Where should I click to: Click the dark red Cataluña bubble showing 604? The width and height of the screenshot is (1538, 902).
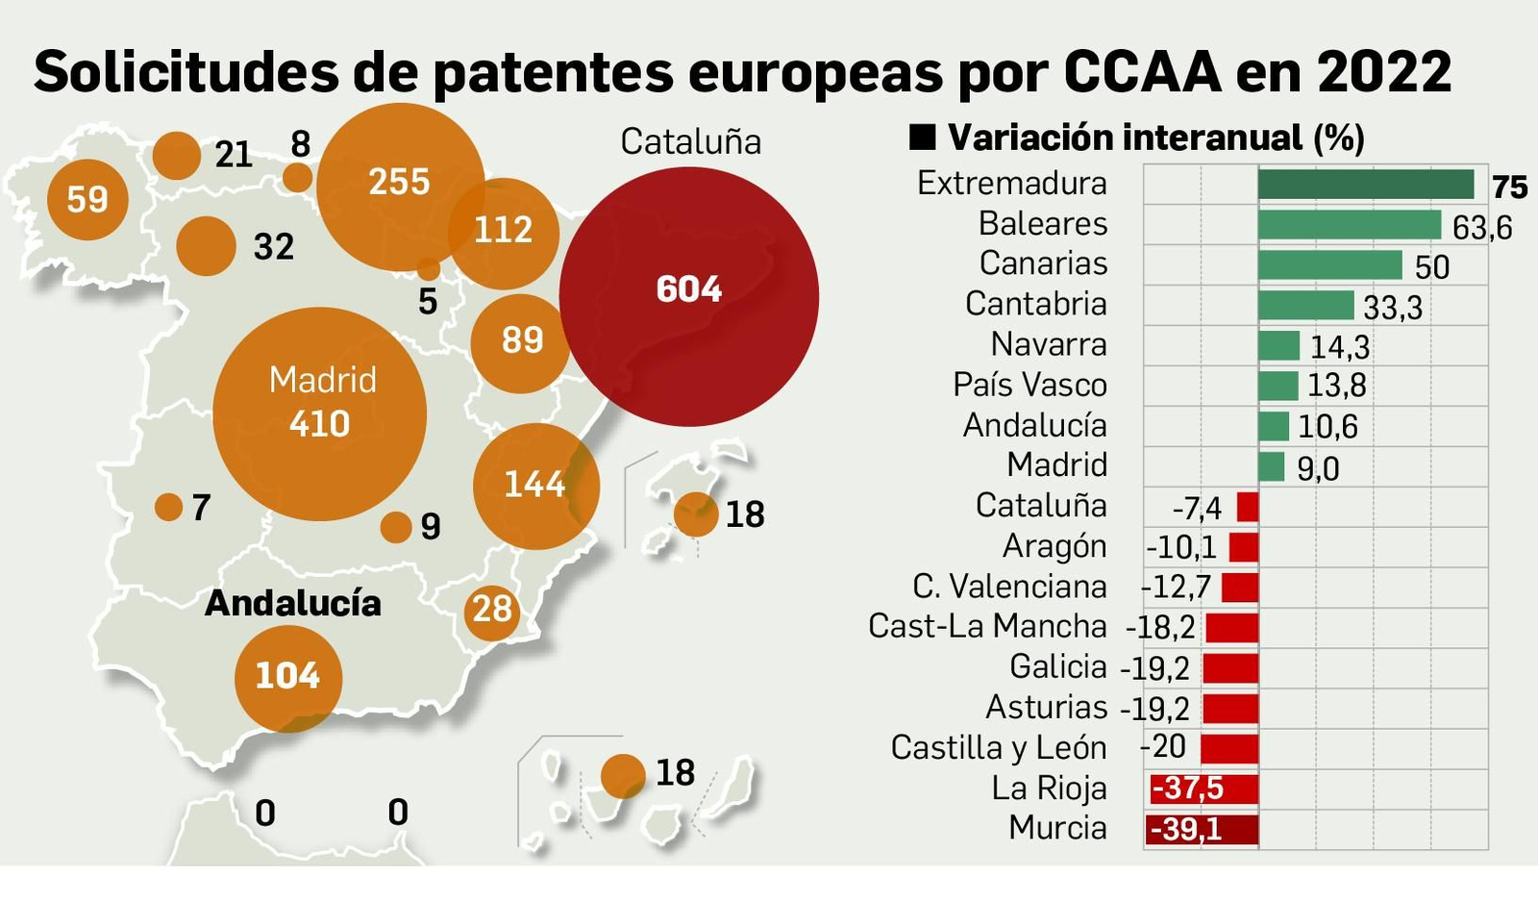point(688,296)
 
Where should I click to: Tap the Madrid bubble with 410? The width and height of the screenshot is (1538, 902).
point(319,413)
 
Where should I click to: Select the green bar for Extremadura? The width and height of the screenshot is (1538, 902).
point(1365,185)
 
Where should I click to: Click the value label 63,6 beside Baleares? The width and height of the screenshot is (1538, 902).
point(1481,228)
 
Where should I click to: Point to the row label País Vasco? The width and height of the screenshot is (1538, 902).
point(1029,385)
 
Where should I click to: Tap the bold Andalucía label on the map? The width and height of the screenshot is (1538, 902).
point(293,603)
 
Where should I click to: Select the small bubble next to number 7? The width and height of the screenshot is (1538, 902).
point(168,507)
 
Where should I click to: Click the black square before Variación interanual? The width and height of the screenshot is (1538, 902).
point(922,138)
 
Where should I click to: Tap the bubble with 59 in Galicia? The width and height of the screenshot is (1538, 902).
point(87,199)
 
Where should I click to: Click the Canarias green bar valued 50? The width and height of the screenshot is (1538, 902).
point(1329,265)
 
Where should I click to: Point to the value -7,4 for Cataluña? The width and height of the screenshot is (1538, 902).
point(1196,508)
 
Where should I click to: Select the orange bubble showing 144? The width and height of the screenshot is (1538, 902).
point(535,486)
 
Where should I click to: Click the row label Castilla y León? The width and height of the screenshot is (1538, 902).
point(998,748)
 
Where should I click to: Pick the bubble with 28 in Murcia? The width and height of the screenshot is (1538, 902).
point(492,610)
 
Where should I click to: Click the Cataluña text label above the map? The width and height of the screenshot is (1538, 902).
point(690,142)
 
